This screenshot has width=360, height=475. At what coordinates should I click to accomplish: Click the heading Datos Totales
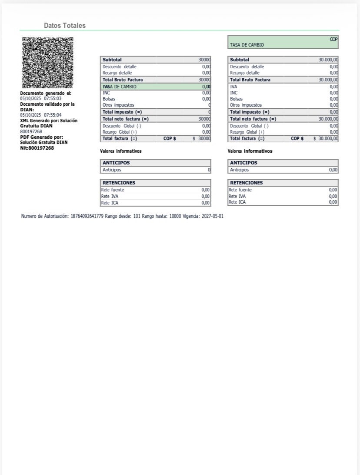click(x=65, y=26)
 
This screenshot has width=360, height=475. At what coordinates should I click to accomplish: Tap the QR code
click(x=48, y=63)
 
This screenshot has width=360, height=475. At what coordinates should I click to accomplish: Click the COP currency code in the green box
click(x=333, y=39)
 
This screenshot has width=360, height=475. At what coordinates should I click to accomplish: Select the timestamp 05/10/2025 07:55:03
click(x=41, y=98)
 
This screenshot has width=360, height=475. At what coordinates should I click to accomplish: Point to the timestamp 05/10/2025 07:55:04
click(x=41, y=115)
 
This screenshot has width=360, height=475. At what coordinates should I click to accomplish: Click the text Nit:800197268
click(x=37, y=148)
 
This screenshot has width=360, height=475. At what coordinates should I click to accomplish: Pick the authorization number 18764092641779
click(x=87, y=216)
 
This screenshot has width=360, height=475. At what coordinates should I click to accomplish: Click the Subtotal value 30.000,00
click(x=328, y=60)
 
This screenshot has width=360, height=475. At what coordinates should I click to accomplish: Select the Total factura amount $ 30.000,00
click(x=326, y=138)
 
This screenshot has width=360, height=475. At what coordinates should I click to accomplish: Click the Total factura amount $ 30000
click(x=202, y=138)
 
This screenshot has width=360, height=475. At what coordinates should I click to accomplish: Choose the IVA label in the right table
click(x=233, y=87)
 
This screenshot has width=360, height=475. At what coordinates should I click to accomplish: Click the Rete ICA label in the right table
click(x=237, y=202)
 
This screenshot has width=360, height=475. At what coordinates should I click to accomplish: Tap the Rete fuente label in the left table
click(x=113, y=190)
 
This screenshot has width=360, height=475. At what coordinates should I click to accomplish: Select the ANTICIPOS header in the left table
click(x=116, y=163)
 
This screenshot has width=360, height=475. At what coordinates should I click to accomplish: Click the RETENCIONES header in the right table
click(x=246, y=183)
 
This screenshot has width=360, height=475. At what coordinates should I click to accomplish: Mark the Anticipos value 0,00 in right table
click(x=333, y=170)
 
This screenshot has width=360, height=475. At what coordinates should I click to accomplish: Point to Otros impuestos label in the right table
click(x=246, y=105)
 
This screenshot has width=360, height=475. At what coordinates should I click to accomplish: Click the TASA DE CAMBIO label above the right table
click(x=247, y=45)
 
